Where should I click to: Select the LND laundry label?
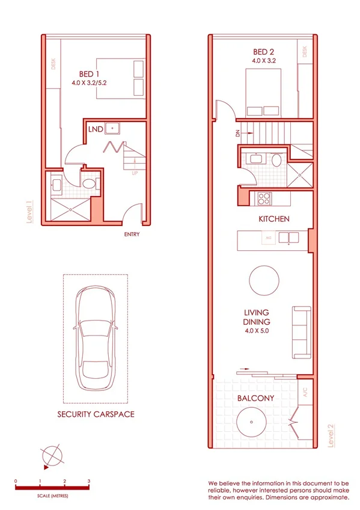pos(95,129)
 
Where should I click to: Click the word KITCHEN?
pos(274,219)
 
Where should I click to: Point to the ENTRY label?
pos(132,234)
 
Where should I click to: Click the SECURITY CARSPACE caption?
pos(96,414)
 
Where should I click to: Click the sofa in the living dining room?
pos(302,330)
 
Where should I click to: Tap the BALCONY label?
pos(255,399)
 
